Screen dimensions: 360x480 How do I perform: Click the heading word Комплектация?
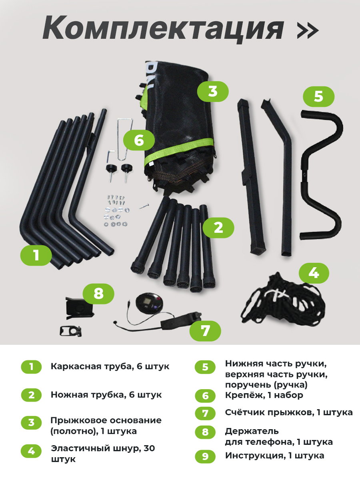point(163,30)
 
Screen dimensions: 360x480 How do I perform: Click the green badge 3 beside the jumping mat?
point(213,92)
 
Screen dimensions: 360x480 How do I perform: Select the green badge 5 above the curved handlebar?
point(318,96)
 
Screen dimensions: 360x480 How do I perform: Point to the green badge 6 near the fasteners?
point(139,140)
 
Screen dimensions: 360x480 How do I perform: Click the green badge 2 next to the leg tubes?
point(218,228)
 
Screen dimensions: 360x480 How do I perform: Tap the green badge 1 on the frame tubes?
point(36,255)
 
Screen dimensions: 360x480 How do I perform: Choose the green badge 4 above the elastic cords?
point(314,273)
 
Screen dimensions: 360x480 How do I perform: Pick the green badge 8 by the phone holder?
point(98,294)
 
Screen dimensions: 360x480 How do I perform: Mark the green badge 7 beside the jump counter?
point(205,331)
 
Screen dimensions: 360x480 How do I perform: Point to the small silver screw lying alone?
point(144,206)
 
